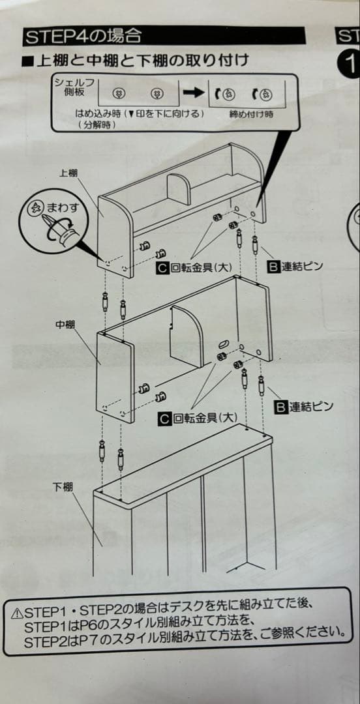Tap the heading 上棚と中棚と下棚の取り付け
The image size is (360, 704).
(x=135, y=61)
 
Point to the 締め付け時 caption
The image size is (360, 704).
(x=251, y=113)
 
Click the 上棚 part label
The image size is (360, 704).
(x=68, y=173)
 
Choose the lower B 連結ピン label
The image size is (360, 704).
(x=304, y=407)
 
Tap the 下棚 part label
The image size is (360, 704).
(x=63, y=488)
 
